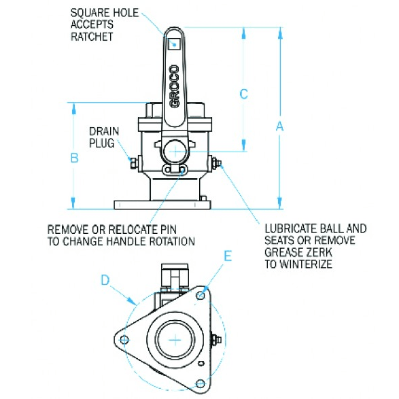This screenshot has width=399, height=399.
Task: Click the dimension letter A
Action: tap(279, 125)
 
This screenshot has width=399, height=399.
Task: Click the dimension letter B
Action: tap(75, 158)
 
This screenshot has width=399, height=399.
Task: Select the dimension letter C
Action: tap(245, 94)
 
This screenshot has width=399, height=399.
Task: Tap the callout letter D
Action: tap(105, 279)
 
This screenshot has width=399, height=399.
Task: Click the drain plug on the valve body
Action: tap(134, 161)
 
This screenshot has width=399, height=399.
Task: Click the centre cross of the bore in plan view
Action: tap(176, 339)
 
